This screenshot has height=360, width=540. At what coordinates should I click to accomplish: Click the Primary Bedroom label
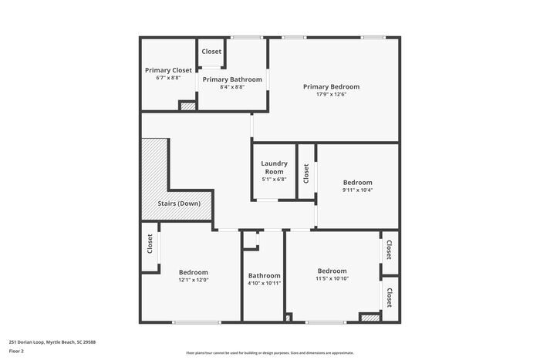click(331, 87)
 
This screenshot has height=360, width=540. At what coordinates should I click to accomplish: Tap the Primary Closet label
click(168, 70)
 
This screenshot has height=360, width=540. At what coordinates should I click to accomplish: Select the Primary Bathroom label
click(231, 79)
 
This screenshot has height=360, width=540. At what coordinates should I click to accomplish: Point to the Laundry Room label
click(274, 167)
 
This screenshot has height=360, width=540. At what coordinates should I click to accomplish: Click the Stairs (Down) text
click(178, 204)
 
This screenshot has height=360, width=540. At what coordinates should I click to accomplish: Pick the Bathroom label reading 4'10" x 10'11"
click(264, 276)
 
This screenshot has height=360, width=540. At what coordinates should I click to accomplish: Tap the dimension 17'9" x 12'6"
click(331, 95)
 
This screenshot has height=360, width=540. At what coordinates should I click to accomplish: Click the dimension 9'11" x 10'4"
click(357, 190)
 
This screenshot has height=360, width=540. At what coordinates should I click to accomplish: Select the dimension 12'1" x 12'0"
click(193, 280)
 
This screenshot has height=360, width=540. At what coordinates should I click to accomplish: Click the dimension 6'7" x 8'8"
click(168, 78)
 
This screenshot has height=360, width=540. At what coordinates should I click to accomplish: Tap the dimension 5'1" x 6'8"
click(274, 180)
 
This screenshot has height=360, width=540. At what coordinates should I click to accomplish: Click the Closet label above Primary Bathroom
click(211, 52)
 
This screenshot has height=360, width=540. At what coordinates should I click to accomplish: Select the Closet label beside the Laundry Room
click(306, 173)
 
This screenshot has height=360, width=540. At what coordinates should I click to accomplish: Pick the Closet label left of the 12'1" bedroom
click(150, 244)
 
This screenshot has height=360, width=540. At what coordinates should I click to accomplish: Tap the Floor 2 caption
click(16, 351)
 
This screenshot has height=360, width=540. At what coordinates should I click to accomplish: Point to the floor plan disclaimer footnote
click(269, 352)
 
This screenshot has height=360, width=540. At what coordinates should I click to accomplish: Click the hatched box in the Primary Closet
click(187, 106)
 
